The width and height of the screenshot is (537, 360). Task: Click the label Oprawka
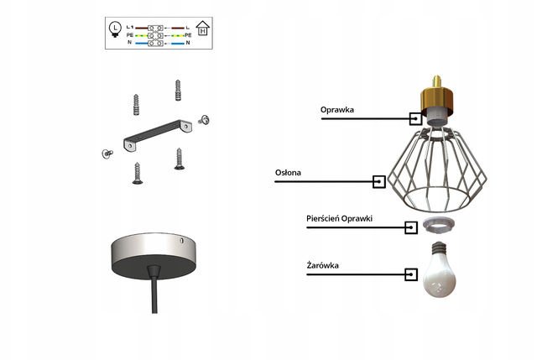tap(337, 110)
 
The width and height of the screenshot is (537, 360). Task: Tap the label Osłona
tap(288, 172)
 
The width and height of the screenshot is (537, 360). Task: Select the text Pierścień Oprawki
tap(339, 218)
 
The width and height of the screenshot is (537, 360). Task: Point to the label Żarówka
tap(322, 265)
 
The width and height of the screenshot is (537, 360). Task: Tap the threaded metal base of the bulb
tap(440, 248)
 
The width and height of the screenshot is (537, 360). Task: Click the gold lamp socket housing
tap(437, 99)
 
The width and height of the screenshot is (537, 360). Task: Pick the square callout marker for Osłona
tap(379, 181)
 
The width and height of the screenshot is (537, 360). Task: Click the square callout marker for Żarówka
tap(411, 274)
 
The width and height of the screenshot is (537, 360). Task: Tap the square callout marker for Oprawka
tap(416, 118)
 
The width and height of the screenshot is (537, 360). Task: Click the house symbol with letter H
tap(203, 28)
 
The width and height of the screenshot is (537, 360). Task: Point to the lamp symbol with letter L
tap(115, 29)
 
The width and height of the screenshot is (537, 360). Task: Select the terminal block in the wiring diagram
tap(155, 35)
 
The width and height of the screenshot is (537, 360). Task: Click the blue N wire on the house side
tap(178, 44)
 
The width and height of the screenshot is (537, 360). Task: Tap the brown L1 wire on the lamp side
tap(142, 28)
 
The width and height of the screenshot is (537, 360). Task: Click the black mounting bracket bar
tap(158, 135)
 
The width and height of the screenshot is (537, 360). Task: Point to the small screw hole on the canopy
tap(181, 241)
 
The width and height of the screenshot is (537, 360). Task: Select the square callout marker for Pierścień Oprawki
tap(411, 227)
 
